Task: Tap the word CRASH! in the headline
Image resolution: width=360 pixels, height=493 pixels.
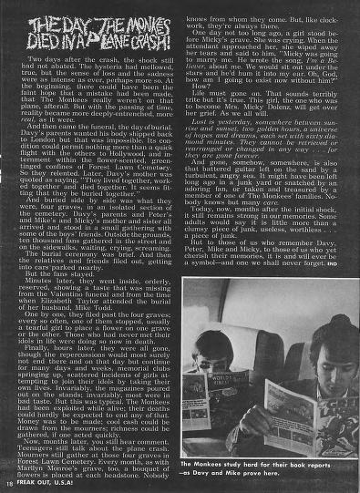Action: tap(129, 43)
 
